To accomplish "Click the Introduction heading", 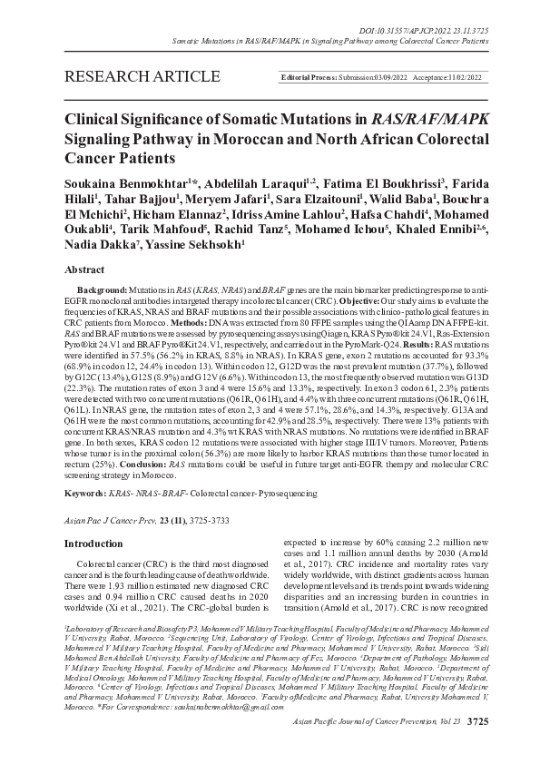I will click(93, 544).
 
